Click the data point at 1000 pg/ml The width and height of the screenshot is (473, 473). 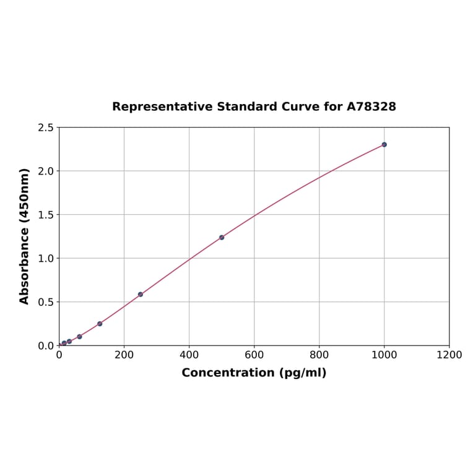384,144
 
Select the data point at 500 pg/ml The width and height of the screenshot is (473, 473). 222,237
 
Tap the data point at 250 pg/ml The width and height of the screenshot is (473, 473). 141,294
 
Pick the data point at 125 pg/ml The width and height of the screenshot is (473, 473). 100,324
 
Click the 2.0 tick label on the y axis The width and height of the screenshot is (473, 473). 45,171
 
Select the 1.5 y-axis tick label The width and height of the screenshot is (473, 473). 45,215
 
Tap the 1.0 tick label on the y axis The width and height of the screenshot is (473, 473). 45,258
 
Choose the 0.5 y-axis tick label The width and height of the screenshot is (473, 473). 45,302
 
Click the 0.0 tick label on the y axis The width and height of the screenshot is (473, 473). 45,345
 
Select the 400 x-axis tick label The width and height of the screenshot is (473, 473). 189,355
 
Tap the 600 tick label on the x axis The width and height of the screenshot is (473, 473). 254,355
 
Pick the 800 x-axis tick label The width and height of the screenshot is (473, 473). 319,355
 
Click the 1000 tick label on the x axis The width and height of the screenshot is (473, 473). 384,355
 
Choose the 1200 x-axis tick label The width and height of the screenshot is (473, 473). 449,355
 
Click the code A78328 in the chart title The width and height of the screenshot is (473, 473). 371,106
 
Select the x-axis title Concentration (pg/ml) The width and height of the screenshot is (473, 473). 254,373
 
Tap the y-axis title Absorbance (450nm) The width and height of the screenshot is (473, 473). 25,236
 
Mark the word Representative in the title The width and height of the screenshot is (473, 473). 162,106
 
